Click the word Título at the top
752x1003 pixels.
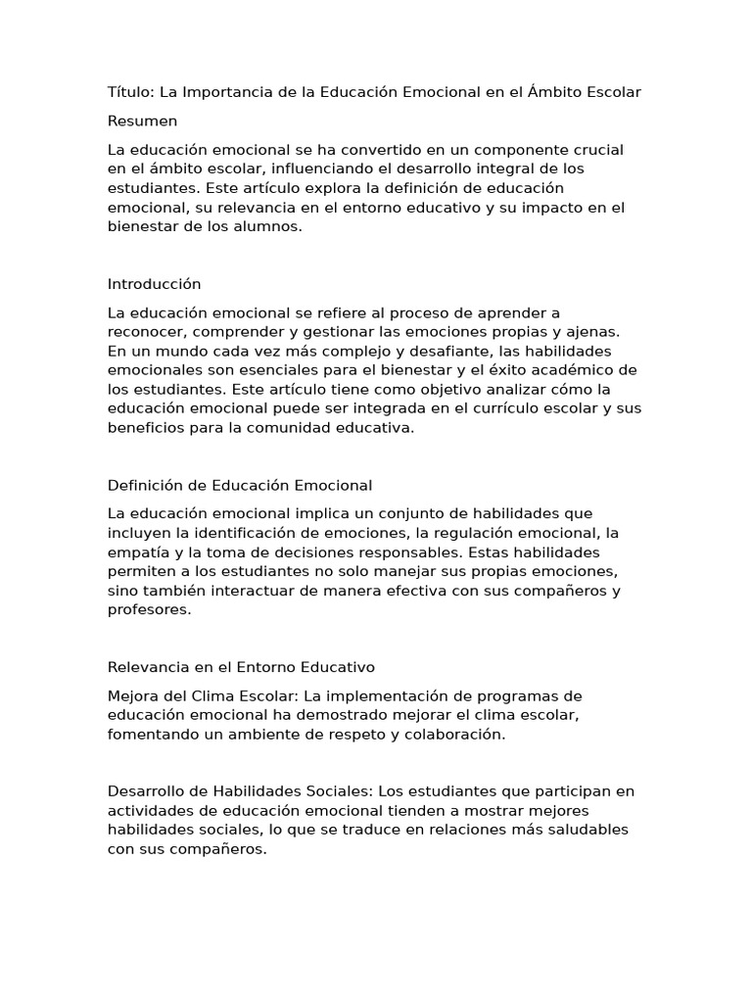pyautogui.click(x=128, y=92)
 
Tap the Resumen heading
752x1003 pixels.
pyautogui.click(x=142, y=121)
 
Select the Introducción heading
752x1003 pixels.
pyautogui.click(x=154, y=284)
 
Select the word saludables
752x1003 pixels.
pyautogui.click(x=571, y=831)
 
